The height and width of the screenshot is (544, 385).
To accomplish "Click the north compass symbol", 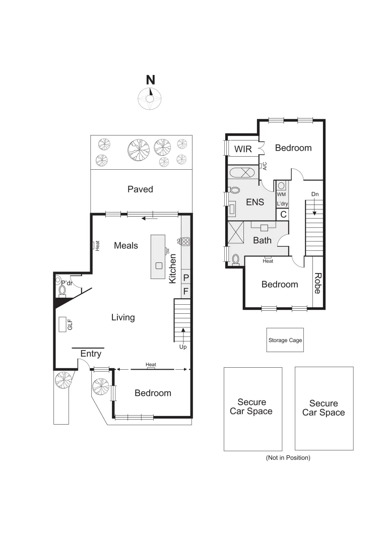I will [x=150, y=97].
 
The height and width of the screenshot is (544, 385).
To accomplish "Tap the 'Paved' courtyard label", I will [x=140, y=189].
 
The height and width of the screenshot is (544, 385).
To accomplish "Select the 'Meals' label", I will [x=126, y=245].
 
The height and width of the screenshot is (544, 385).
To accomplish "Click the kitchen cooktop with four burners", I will [x=185, y=241].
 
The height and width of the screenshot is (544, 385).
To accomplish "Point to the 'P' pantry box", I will [x=185, y=278].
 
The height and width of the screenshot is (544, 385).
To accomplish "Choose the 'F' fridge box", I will [x=185, y=291].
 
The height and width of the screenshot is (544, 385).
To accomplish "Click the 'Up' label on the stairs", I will [x=182, y=347].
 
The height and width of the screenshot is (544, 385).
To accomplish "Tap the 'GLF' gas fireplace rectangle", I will [x=63, y=325].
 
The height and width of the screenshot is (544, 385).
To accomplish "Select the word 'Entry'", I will [x=91, y=354].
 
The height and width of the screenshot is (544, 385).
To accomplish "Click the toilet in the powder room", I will [x=62, y=290].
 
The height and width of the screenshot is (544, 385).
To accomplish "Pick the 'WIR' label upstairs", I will [x=243, y=149].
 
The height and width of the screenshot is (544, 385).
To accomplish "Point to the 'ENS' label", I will [x=255, y=202].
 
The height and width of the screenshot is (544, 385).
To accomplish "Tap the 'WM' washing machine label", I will [x=281, y=194].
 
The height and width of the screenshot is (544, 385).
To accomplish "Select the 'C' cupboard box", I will [x=283, y=214].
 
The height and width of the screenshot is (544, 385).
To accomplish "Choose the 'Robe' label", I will [x=318, y=283].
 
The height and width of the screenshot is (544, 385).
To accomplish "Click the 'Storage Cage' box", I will [x=285, y=341].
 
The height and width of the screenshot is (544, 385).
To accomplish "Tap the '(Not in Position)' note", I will [x=288, y=458].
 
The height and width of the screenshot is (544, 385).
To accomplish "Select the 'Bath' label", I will [x=262, y=240].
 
